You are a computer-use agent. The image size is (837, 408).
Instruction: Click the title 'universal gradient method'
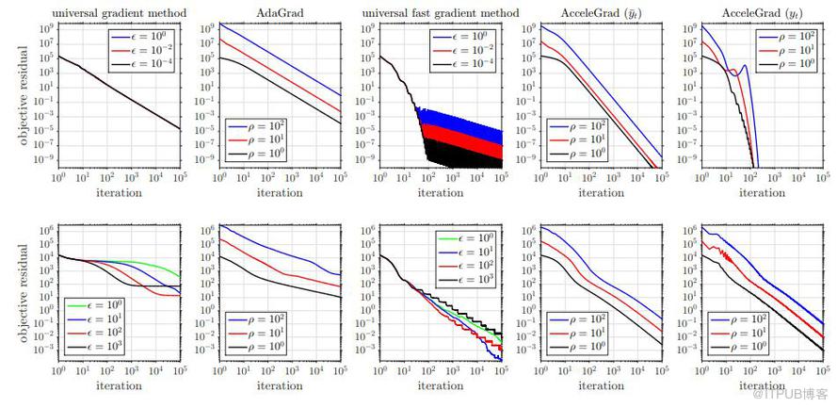pyautogui.click(x=119, y=12)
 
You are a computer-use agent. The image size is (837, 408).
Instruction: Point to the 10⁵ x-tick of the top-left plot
pyautogui.click(x=179, y=178)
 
